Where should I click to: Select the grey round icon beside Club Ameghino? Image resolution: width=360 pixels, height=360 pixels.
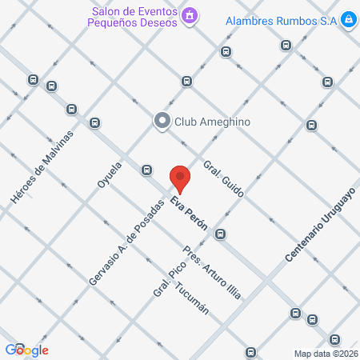(x=162, y=121)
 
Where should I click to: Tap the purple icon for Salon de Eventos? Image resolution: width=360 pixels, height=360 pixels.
(x=190, y=14)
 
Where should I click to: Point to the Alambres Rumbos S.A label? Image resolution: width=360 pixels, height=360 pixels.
(x=280, y=20)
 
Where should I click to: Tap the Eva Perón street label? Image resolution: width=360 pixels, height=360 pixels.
(x=189, y=214)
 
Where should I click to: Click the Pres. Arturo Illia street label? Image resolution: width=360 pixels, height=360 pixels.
(x=211, y=271)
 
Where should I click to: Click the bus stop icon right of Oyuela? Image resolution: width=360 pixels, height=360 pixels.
(x=146, y=170)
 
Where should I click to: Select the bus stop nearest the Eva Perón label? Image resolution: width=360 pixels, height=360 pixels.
(x=220, y=234)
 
